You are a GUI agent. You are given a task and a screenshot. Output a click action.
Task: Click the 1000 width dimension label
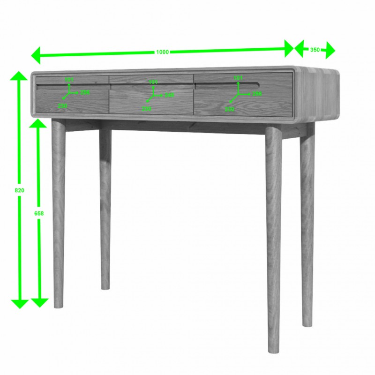pyautogui.click(x=162, y=52)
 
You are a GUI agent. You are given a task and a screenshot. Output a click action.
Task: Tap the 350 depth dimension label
pyautogui.click(x=315, y=50)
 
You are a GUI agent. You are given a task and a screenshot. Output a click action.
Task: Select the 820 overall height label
pyautogui.click(x=20, y=191)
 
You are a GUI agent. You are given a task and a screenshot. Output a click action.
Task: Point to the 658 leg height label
pyautogui.click(x=39, y=213)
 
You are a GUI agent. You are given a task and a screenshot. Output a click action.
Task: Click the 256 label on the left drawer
pyautogui.click(x=85, y=92)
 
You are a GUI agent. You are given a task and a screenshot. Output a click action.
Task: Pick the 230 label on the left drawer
pyautogui.click(x=62, y=106)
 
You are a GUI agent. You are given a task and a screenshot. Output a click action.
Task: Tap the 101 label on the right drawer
pyautogui.click(x=238, y=78)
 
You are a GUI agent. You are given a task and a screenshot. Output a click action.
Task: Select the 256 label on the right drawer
pyautogui.click(x=257, y=94)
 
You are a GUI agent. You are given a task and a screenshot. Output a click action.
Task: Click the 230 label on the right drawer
pyautogui.click(x=229, y=109)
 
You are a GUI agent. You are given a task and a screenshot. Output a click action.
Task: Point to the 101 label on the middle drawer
pyautogui.click(x=153, y=82)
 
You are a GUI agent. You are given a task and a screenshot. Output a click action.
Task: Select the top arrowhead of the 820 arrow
pyautogui.click(x=20, y=76)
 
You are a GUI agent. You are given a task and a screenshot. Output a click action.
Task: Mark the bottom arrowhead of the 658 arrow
pyautogui.click(x=40, y=302)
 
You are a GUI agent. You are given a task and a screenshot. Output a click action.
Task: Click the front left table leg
pyautogui.click(x=58, y=211)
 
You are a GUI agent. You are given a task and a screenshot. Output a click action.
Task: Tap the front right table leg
pyautogui.click(x=274, y=234)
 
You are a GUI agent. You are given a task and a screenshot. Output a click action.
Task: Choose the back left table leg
pyautogui.click(x=105, y=206)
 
